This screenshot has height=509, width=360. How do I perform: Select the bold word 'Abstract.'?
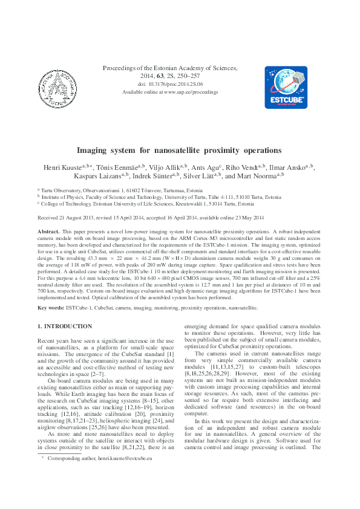(x=48, y=232)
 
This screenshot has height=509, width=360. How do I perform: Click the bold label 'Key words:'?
(x=51, y=308)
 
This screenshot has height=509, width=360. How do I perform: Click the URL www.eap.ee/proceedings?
(x=189, y=92)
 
